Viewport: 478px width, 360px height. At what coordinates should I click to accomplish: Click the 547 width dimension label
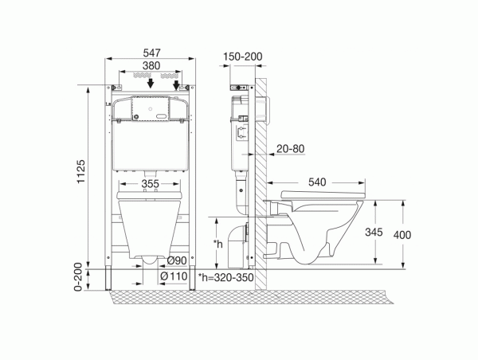click(x=151, y=53)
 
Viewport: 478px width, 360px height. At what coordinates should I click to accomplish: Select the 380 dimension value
click(x=151, y=65)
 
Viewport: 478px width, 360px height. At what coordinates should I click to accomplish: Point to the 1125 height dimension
click(x=81, y=171)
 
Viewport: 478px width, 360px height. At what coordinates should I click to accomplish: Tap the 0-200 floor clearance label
click(x=78, y=277)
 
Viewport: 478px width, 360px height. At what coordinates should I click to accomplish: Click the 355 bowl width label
click(x=151, y=184)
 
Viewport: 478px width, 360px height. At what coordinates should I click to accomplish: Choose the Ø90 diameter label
click(x=177, y=260)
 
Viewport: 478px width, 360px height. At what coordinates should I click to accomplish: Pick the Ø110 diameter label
click(x=174, y=276)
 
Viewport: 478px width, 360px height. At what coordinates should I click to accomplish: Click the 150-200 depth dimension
click(x=243, y=57)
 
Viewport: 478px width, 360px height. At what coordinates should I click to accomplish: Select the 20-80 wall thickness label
click(x=290, y=149)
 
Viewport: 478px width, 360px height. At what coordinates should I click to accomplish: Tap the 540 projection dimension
click(x=317, y=182)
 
